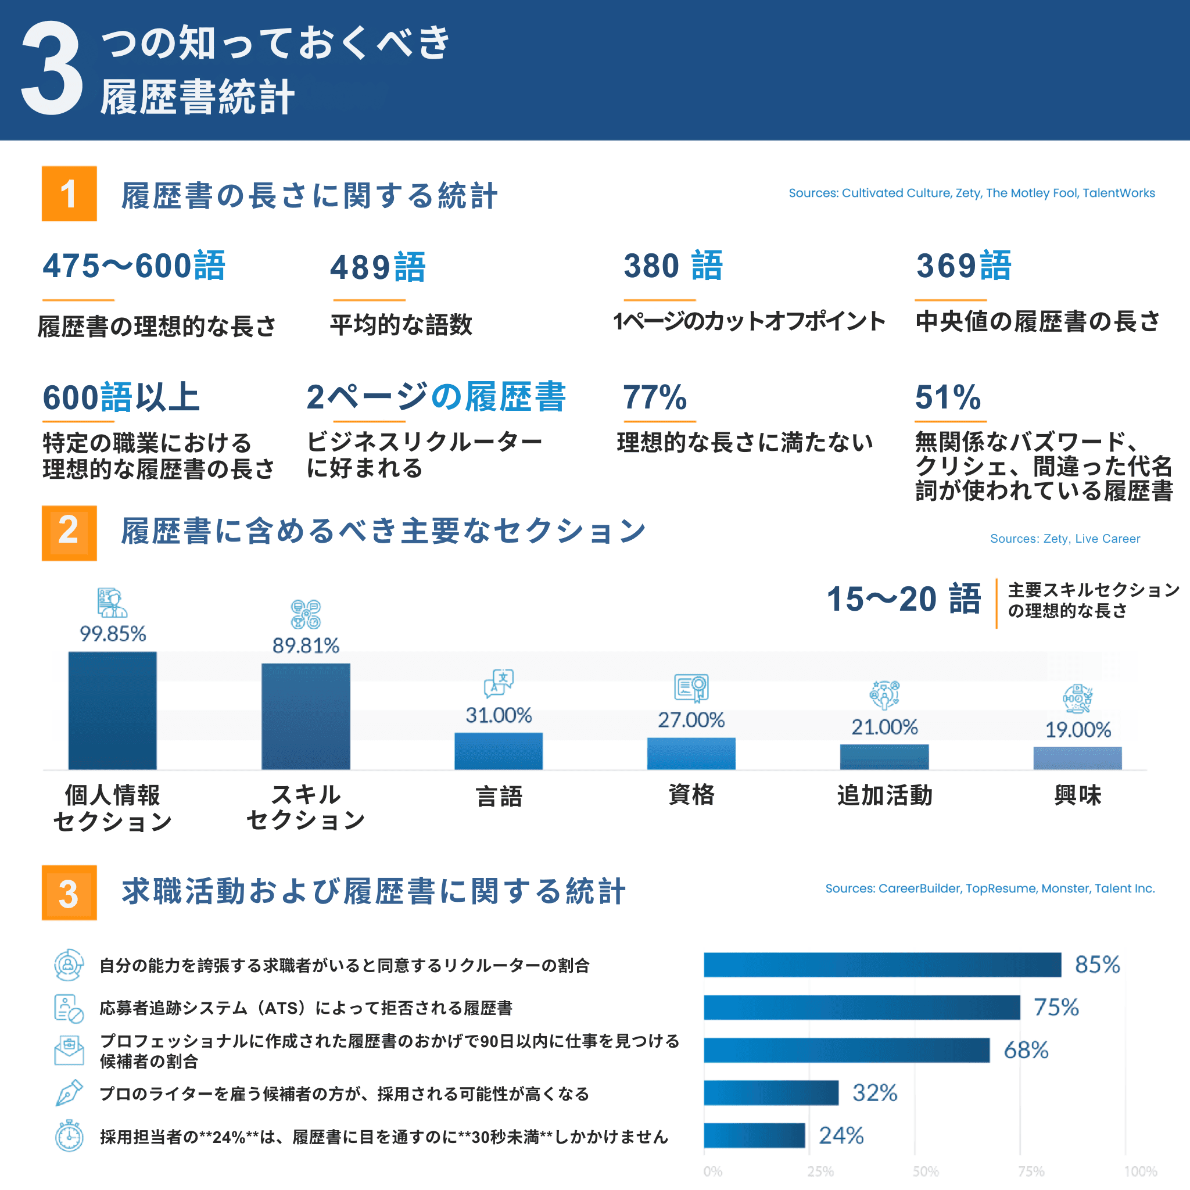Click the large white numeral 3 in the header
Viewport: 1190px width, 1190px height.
[x=52, y=69]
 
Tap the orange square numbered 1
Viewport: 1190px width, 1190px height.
[x=69, y=193]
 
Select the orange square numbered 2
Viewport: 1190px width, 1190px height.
[x=69, y=533]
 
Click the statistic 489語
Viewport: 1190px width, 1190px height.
[x=378, y=267]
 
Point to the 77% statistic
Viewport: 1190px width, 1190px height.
[x=655, y=397]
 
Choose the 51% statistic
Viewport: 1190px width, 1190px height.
[x=947, y=397]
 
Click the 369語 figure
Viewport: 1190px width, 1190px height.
[x=963, y=266]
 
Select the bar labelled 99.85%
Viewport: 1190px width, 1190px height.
[x=112, y=710]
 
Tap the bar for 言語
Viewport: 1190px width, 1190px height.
[x=499, y=751]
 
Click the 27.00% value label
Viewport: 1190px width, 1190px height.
[x=691, y=719]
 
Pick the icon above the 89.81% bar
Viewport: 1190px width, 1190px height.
[x=306, y=614]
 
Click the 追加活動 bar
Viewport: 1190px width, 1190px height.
[x=884, y=757]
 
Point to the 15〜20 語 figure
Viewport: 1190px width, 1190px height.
[x=903, y=599]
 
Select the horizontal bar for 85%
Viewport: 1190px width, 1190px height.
[x=882, y=965]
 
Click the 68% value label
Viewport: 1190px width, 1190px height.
[x=1026, y=1050]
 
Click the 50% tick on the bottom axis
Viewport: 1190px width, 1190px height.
[x=926, y=1171]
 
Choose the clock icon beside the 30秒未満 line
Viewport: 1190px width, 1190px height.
[x=69, y=1137]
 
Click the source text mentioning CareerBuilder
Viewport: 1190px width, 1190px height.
[x=990, y=888]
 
